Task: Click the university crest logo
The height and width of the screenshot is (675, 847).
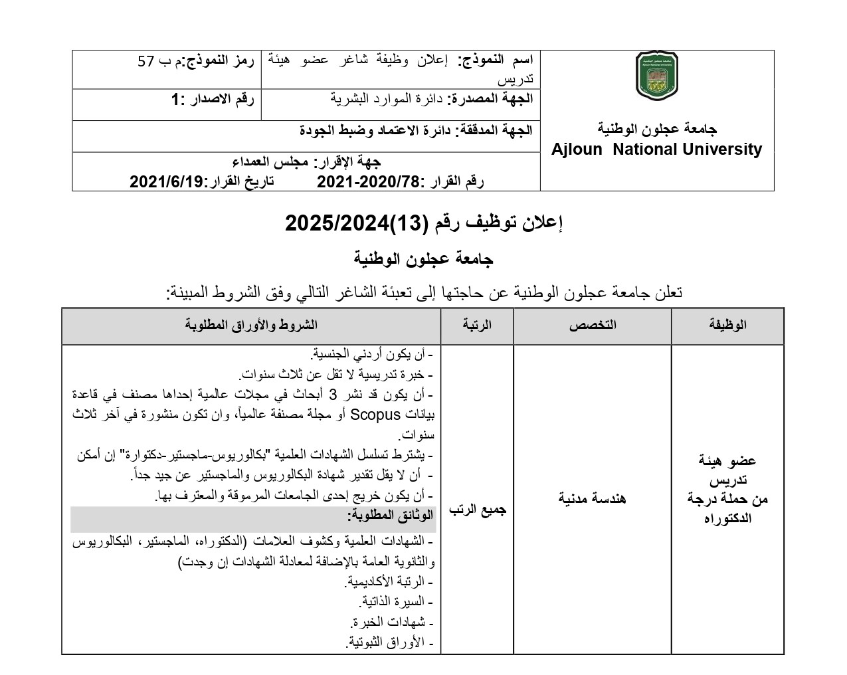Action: pos(657,76)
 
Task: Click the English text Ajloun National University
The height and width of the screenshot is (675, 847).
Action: pos(656,149)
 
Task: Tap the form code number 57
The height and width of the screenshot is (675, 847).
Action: pos(145,62)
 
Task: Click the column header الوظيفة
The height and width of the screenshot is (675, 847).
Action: pos(728,325)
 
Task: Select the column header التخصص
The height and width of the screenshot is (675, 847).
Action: pos(592,325)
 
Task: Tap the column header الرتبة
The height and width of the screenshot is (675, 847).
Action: pos(477,325)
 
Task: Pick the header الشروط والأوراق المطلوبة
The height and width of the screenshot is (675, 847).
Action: pos(251,325)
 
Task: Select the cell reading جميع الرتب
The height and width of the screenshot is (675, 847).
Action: pos(477,510)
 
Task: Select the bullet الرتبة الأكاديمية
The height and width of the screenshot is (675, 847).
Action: pos(389,582)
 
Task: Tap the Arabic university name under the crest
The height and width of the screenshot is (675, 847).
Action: pos(656,128)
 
